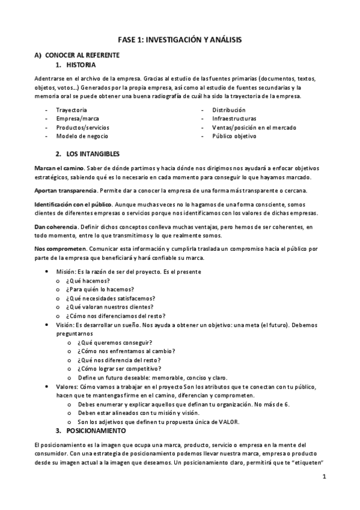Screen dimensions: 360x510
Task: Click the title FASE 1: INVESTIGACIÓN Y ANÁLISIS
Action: [x=180, y=39]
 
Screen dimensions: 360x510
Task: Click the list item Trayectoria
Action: [x=72, y=110]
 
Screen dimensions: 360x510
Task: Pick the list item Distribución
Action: [x=228, y=110]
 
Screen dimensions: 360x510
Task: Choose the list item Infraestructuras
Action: [x=234, y=118]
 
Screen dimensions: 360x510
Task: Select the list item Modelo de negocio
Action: [x=82, y=136]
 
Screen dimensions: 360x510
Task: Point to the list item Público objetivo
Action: [x=234, y=136]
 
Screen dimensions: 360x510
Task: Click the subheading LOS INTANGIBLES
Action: [x=93, y=154]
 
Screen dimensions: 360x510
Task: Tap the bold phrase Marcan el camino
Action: [x=58, y=167]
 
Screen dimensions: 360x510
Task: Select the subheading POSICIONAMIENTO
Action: [x=96, y=431]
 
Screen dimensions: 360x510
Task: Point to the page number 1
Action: [x=323, y=478]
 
